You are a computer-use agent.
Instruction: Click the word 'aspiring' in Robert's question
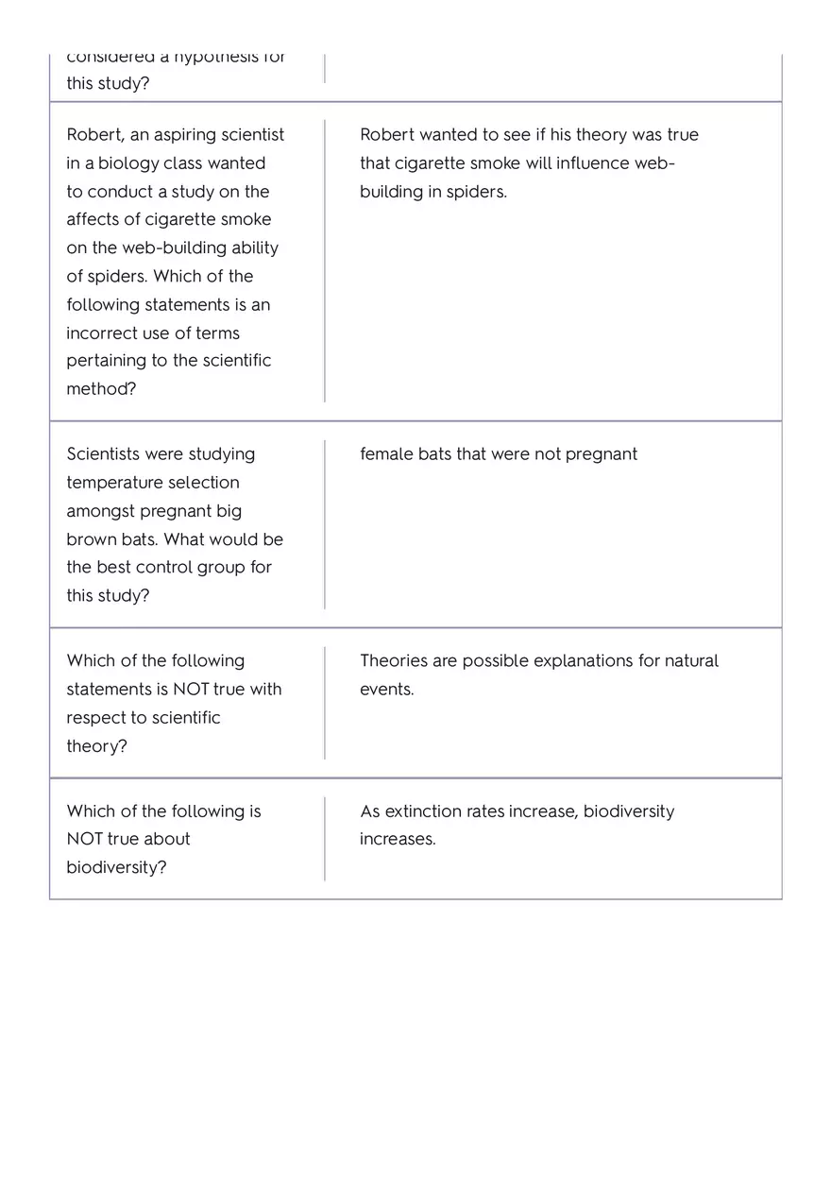tap(185, 135)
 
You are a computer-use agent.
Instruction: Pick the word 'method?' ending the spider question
tap(101, 389)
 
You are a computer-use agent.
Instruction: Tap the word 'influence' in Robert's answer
tap(594, 163)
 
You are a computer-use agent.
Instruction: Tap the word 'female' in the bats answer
tap(386, 454)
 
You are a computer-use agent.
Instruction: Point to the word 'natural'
tap(691, 660)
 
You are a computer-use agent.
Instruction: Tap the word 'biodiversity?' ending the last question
tap(116, 867)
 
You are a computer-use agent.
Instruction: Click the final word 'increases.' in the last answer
tap(398, 839)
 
